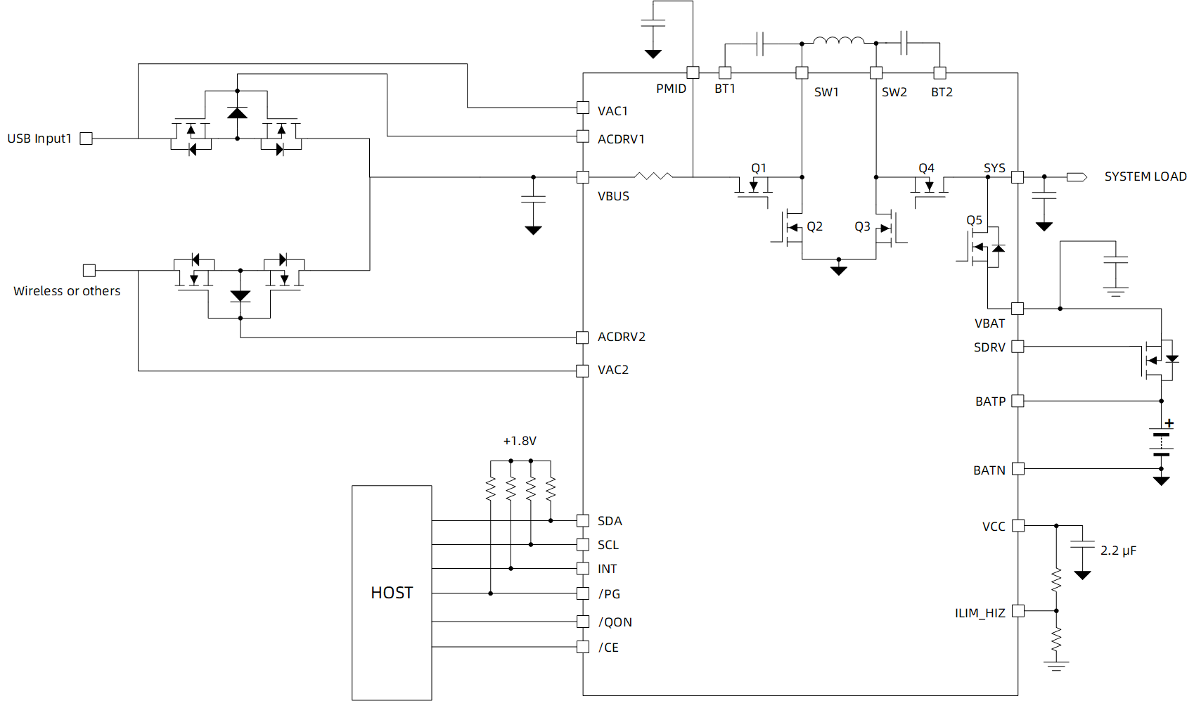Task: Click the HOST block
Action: [x=392, y=593]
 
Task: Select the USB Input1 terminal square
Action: [x=86, y=139]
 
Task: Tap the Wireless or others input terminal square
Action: [x=89, y=271]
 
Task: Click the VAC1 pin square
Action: [x=583, y=108]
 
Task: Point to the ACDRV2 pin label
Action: [x=621, y=337]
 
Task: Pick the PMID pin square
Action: [x=693, y=72]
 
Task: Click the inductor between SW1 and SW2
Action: [x=838, y=41]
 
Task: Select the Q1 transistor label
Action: [x=758, y=168]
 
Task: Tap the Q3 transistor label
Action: [x=862, y=226]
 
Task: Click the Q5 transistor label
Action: [x=974, y=220]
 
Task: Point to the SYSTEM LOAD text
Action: [x=1145, y=176]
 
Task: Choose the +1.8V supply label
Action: [x=520, y=441]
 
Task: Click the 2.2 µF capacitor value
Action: [x=1118, y=551]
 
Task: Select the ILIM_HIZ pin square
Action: [x=1018, y=611]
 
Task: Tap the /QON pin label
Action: [x=615, y=622]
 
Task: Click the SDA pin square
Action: [x=583, y=520]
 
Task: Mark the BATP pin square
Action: [x=1018, y=401]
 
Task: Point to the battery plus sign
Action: [x=1169, y=423]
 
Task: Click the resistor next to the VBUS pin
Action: [x=653, y=176]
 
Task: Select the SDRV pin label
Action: [x=989, y=347]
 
